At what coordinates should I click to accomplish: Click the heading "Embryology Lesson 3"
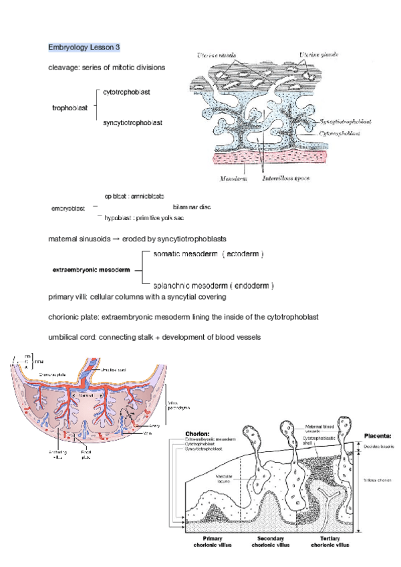[84, 47]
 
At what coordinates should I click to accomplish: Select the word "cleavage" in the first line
[63, 68]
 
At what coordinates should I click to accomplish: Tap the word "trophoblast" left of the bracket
[70, 108]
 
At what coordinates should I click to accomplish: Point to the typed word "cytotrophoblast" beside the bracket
[127, 92]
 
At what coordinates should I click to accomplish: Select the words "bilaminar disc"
[191, 207]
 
